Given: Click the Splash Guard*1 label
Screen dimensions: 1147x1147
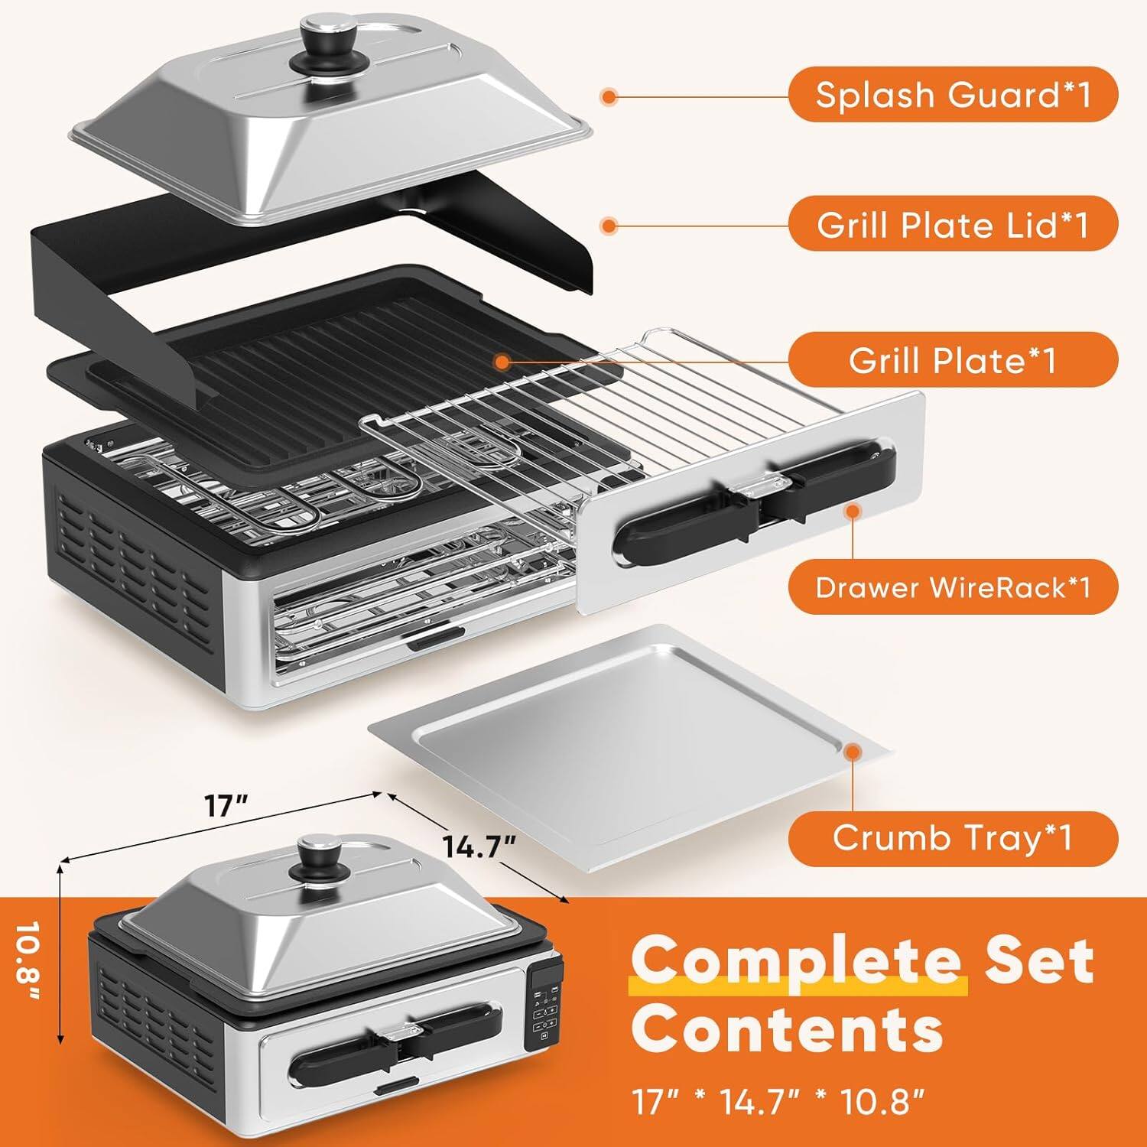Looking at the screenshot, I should click(953, 95).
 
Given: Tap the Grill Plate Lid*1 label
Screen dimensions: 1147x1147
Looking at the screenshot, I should click(953, 225).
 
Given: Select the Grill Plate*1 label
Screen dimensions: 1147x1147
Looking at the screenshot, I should click(953, 359).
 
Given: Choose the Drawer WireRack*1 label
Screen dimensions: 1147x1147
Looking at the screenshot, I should click(953, 587).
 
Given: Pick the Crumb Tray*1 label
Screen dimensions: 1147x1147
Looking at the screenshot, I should click(953, 838).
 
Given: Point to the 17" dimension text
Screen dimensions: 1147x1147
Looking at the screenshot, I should click(226, 805).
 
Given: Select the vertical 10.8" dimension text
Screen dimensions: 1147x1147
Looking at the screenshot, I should click(29, 965).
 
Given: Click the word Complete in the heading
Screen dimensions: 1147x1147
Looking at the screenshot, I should click(795, 961).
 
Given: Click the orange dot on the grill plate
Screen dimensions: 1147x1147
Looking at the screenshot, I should click(502, 361).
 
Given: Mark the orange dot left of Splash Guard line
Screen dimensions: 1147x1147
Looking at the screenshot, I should click(609, 97).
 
